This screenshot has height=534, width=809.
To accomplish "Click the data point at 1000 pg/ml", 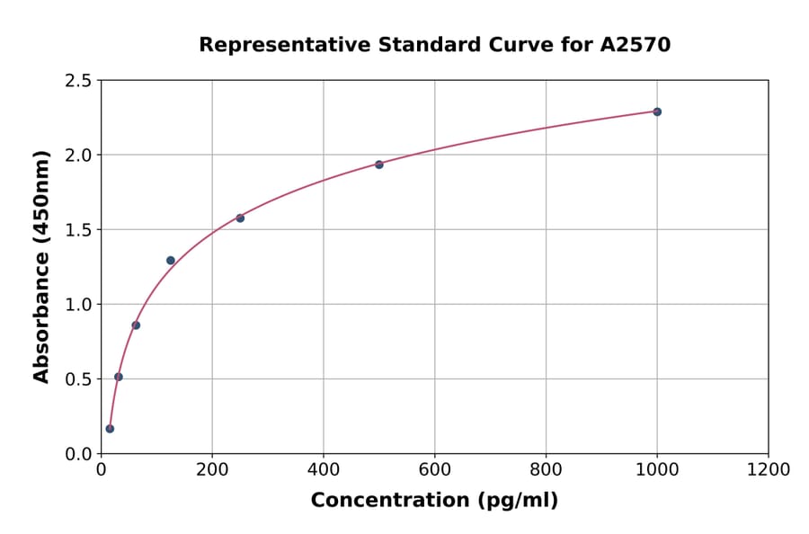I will coord(657,111).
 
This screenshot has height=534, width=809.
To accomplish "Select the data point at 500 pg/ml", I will coord(379,165).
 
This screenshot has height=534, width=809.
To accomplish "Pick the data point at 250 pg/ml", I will coord(240,218).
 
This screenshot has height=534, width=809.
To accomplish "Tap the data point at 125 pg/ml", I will coord(171,261).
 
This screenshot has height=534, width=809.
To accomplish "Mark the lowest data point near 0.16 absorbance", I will coord(110,429).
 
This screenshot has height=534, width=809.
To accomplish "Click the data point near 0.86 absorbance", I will coord(136,325).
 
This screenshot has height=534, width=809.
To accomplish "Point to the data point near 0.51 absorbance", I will coord(119,377).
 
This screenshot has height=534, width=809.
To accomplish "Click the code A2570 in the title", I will coord(636,45).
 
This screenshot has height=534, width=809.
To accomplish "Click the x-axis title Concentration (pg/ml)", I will coord(434,501).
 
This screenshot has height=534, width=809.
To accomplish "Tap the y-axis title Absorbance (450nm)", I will coord(41,266).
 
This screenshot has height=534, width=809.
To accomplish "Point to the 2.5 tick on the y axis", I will coord(78,81).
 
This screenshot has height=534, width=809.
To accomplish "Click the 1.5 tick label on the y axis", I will coord(78,230).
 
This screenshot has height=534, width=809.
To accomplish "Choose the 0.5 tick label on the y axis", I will coord(78,379).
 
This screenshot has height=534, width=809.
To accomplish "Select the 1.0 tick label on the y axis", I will coord(78,305).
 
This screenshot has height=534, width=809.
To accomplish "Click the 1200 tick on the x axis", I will coord(769,470).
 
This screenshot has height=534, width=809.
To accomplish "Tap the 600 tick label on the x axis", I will coord(434,470).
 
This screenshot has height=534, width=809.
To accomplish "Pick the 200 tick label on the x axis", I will coord(212,470).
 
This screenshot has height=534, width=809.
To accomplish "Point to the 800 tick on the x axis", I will coord(546,470).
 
